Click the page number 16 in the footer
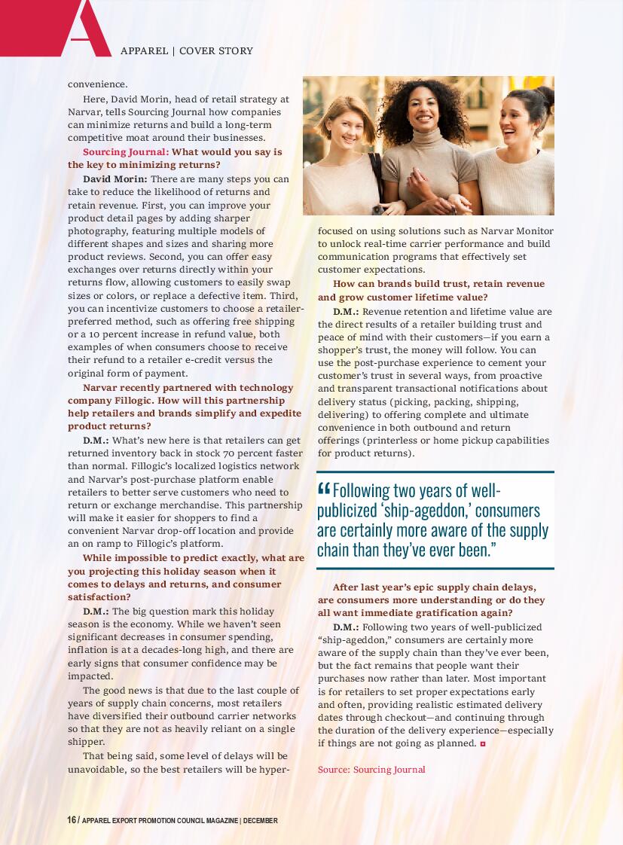click(x=72, y=820)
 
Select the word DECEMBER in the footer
click(x=261, y=821)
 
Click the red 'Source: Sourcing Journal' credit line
click(x=371, y=770)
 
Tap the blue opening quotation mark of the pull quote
click(x=324, y=490)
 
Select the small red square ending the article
click(x=483, y=744)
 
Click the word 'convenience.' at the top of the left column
click(x=98, y=84)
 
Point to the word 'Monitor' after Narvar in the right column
click(x=535, y=231)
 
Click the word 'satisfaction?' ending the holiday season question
click(x=99, y=596)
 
